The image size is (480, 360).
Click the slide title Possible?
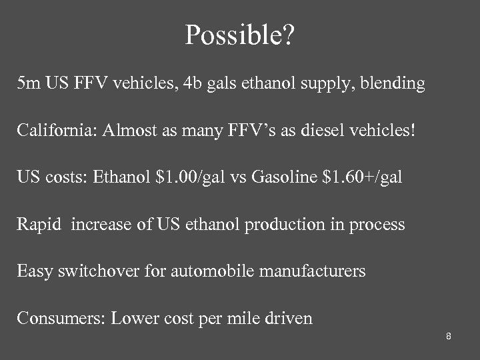click(x=239, y=35)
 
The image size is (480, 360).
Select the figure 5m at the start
click(x=29, y=83)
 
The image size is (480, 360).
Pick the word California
click(x=56, y=131)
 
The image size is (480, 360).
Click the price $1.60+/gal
click(x=364, y=177)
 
